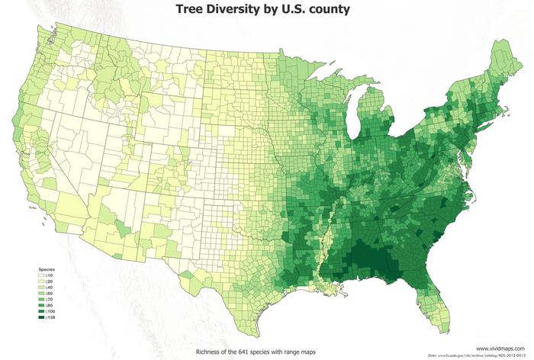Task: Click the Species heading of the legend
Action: tap(47, 270)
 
